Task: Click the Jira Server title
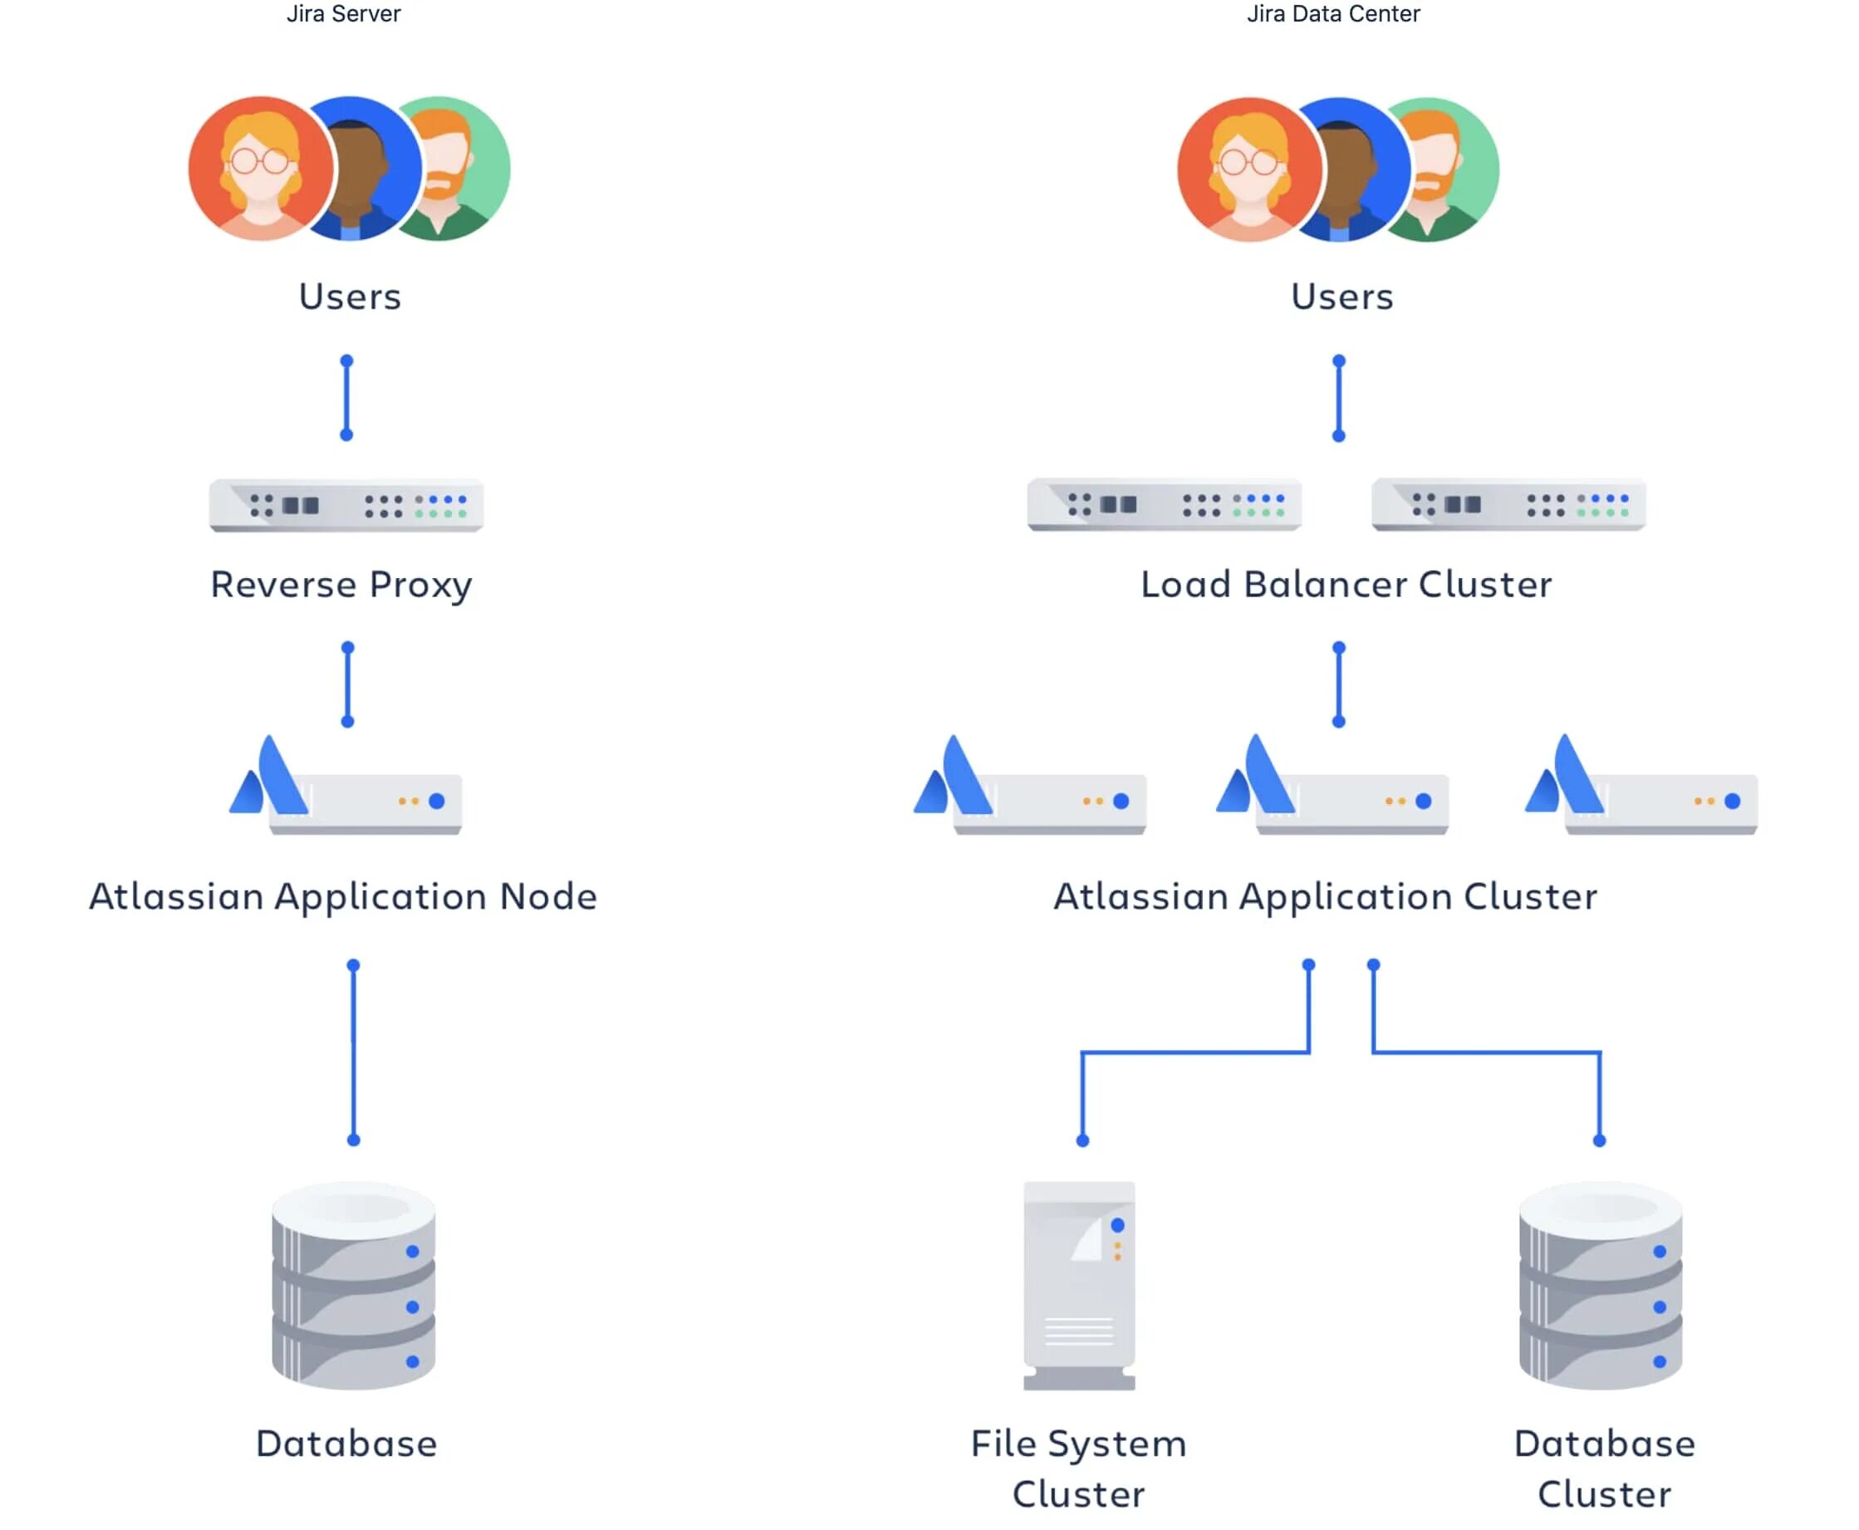coord(343,14)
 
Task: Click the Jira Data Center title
coord(1332,14)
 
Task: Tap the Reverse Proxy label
coord(341,584)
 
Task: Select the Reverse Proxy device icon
coord(346,505)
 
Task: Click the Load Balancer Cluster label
coord(1345,584)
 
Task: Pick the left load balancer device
coord(1163,504)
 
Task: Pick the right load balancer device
coord(1508,504)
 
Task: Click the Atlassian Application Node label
coord(343,896)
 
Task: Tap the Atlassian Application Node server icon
coord(346,789)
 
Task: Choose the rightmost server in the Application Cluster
coord(1641,789)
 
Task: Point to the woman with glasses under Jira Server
coord(260,169)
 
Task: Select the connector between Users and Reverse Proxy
coord(346,398)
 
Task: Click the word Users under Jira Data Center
coord(1341,297)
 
